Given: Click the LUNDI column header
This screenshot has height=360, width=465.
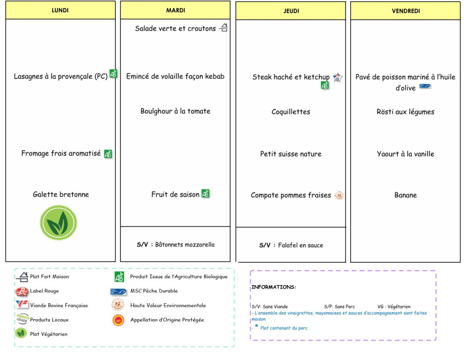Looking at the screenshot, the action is pos(60,10).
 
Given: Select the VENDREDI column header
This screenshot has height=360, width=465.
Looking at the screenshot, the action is pos(406,11).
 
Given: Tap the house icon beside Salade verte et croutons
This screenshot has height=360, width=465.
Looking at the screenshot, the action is pos(223,27).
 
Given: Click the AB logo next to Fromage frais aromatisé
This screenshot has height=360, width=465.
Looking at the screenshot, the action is pos(108,154).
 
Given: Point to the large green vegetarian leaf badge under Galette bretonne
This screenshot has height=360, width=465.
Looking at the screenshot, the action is pos(58,222).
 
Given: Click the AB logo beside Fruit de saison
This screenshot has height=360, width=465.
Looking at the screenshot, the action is pos(205,193).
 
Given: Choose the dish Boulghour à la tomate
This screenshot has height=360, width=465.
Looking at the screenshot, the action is pos(175,111).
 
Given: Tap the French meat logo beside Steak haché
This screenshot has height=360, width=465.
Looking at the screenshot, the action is pos(337,78).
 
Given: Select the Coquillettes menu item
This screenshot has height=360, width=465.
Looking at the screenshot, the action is pos(291,112).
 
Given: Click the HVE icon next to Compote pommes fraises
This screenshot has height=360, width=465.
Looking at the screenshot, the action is pos(339,196).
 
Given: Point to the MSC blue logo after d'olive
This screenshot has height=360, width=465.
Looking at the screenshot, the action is pos(425,86).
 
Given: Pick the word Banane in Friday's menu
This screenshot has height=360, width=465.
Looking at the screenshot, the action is pos(406,195).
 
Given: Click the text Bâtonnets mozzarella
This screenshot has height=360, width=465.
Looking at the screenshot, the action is pos(185,245).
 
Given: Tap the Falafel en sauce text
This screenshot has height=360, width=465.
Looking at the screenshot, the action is pos(301,245).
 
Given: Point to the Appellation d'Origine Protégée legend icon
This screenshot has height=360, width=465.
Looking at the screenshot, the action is pos(118,320).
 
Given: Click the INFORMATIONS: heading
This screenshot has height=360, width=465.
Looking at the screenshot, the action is pos(274,287).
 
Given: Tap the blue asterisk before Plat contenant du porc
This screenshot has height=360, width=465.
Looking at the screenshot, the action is pos(257,326).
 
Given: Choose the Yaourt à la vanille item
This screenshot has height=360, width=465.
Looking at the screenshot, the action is pos(406,154).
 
